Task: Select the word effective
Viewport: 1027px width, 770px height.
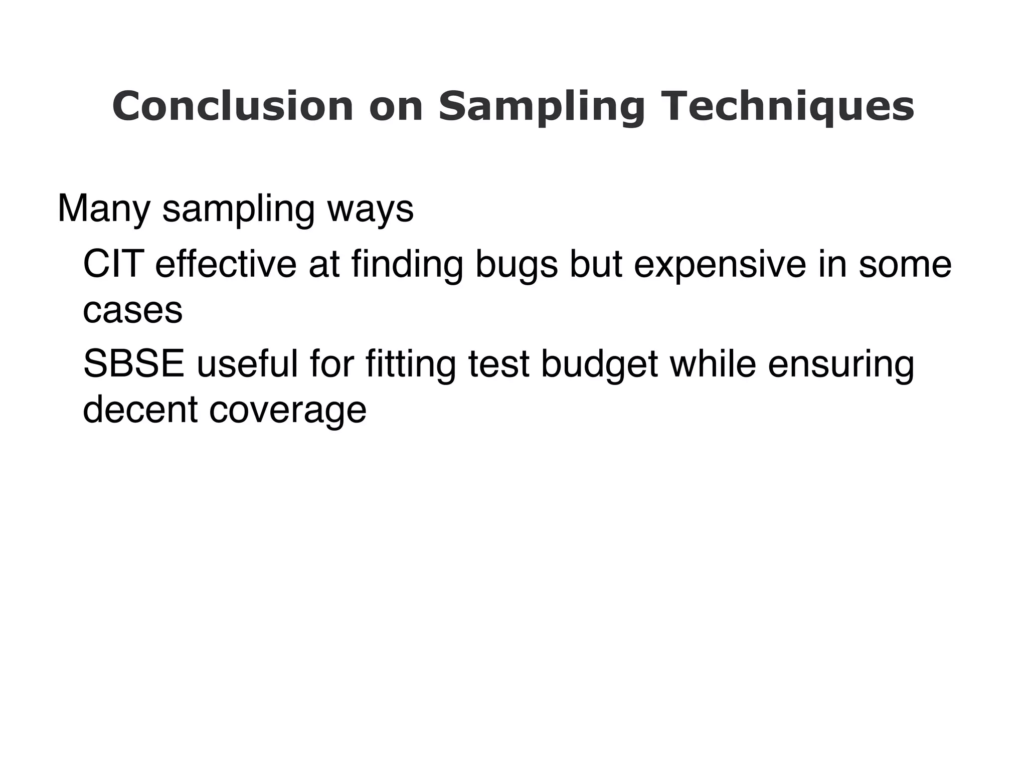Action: (x=226, y=264)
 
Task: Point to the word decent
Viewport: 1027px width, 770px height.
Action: (x=140, y=410)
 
